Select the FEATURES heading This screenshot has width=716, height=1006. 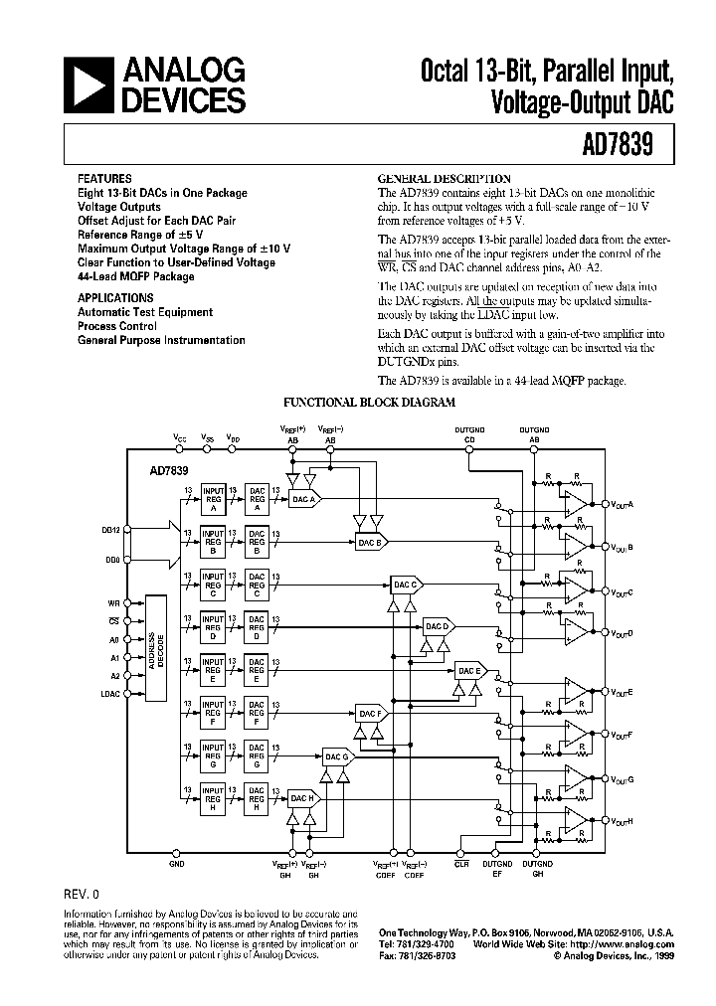coord(103,179)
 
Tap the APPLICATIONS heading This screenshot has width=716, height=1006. coord(115,297)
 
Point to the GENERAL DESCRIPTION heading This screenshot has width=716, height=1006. coord(444,179)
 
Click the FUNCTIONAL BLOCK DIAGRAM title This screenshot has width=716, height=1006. coord(370,403)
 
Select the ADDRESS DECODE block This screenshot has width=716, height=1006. coord(155,648)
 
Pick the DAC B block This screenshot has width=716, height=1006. coord(369,542)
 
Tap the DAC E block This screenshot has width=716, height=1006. coord(468,671)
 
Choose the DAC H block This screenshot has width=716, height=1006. coord(301,797)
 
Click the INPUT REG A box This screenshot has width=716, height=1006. coord(213,496)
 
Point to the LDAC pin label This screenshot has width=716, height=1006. coord(109,693)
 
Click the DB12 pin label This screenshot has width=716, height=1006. coord(109,531)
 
